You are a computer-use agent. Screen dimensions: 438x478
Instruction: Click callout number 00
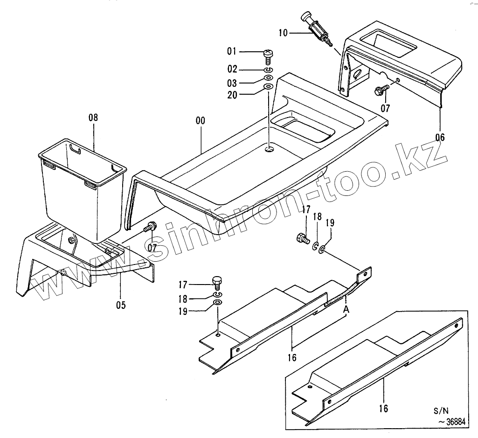click(x=200, y=121)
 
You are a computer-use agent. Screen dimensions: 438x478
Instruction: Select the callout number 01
click(x=232, y=51)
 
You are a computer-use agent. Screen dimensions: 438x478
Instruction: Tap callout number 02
click(x=232, y=70)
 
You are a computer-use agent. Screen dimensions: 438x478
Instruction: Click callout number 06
click(x=440, y=137)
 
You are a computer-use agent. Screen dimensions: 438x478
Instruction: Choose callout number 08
click(x=93, y=118)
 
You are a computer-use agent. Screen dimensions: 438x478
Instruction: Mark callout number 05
click(x=121, y=305)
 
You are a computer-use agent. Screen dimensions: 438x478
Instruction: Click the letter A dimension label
click(x=346, y=309)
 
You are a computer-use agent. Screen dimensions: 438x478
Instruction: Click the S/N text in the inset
click(x=440, y=411)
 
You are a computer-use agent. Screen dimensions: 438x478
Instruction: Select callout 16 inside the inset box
click(x=383, y=409)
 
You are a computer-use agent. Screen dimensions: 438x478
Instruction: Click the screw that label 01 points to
click(x=268, y=55)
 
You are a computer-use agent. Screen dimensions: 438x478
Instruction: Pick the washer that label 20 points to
click(x=268, y=87)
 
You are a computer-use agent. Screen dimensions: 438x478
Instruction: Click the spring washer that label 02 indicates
click(x=268, y=70)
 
